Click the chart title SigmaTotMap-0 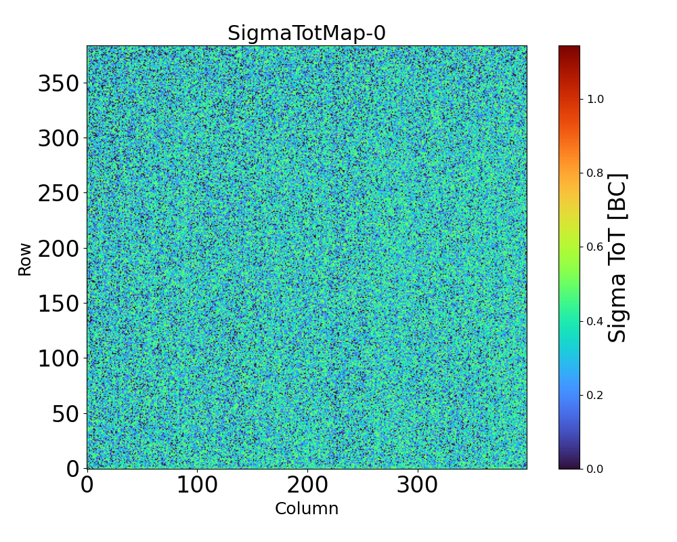tap(307, 33)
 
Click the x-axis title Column tap(307, 509)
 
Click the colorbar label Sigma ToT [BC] tap(617, 257)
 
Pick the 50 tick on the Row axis tap(65, 413)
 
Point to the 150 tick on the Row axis tap(58, 304)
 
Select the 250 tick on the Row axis tap(58, 193)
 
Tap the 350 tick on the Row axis tap(58, 83)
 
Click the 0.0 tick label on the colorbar tap(595, 469)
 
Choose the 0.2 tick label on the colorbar tap(595, 395)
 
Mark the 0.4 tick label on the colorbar tap(595, 320)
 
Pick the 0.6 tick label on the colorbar tap(595, 247)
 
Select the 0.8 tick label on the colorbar tap(595, 173)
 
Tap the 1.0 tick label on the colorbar tap(595, 99)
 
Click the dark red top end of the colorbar tap(569, 49)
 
